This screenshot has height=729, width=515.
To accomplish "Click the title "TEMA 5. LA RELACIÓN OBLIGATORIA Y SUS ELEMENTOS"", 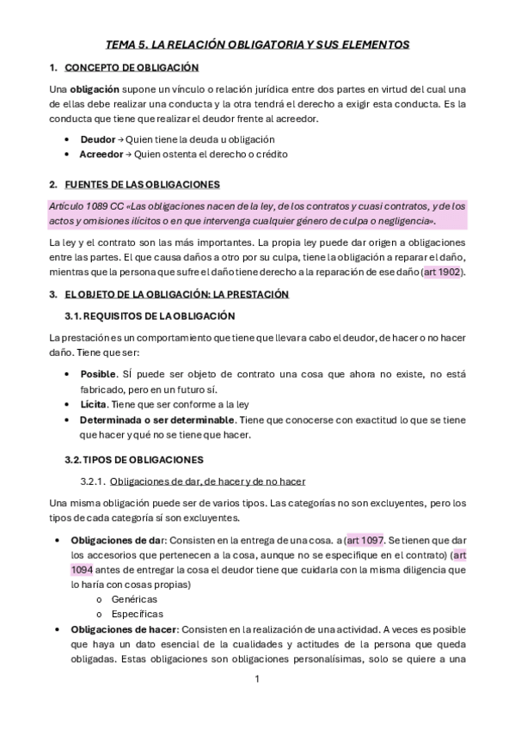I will tap(257, 44).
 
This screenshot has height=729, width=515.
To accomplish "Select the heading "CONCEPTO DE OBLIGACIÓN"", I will tap(132, 67).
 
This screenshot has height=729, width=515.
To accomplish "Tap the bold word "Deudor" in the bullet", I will tap(96, 139).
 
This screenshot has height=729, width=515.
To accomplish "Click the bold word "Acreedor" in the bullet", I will tap(101, 154).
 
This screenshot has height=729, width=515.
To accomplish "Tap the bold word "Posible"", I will tap(97, 375).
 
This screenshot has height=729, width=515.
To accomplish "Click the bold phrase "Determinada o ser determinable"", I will tap(156, 420).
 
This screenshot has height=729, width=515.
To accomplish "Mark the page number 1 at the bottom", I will tap(257, 679).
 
